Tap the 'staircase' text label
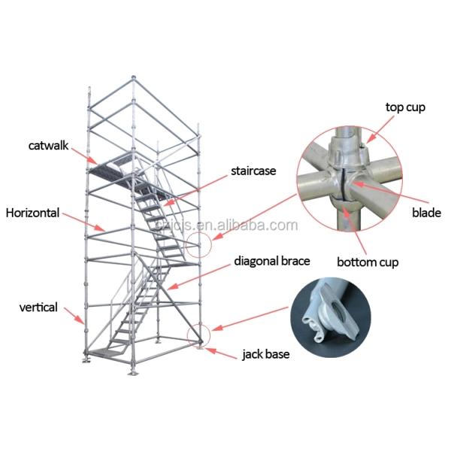pyautogui.click(x=253, y=171)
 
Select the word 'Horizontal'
pyautogui.click(x=32, y=213)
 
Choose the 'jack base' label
pyautogui.click(x=264, y=353)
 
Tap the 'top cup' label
pyautogui.click(x=405, y=107)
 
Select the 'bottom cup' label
pyautogui.click(x=367, y=262)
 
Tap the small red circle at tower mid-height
pyautogui.click(x=196, y=244)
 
